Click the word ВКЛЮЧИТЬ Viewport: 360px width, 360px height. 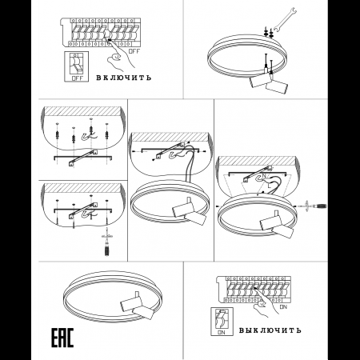[x=123, y=78]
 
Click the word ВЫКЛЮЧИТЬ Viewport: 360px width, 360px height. [x=270, y=330]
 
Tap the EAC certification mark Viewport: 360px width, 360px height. [x=62, y=338]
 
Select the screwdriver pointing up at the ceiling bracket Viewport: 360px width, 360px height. [x=107, y=242]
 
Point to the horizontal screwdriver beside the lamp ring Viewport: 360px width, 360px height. [x=312, y=206]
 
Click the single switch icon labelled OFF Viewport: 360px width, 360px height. [x=77, y=66]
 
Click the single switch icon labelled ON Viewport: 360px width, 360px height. [x=222, y=322]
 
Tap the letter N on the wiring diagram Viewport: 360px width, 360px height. [x=264, y=176]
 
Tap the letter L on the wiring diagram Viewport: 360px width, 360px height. [x=269, y=186]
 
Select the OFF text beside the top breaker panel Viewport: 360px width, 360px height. [x=134, y=51]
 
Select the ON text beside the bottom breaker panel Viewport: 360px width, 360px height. [x=283, y=307]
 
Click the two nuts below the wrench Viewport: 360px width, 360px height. [x=269, y=33]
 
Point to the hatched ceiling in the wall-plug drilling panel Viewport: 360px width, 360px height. [x=82, y=111]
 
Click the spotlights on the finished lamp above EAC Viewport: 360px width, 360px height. [x=137, y=306]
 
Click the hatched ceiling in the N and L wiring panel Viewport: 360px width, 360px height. [x=257, y=161]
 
